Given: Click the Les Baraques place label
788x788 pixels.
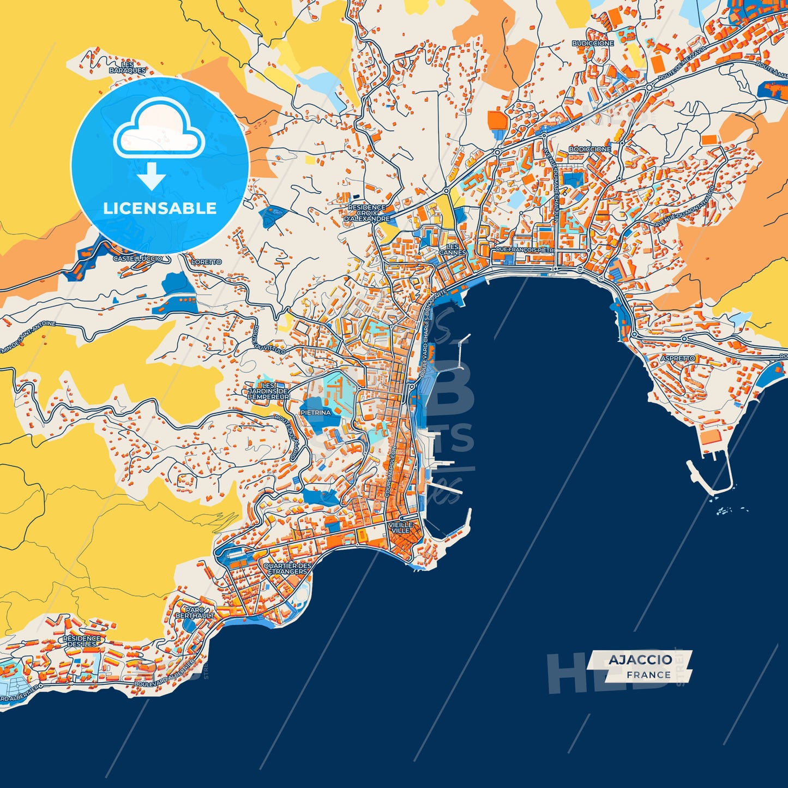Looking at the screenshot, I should [x=128, y=68].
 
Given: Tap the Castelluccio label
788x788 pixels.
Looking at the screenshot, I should [x=137, y=258].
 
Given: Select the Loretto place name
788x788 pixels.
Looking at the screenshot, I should [x=207, y=262].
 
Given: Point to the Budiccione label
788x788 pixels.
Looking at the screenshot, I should [x=593, y=43].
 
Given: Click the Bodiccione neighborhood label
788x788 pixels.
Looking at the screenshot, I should [x=590, y=149].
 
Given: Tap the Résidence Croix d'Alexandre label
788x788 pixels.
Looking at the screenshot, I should [x=367, y=213].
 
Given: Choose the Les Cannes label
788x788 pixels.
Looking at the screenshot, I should [x=453, y=250].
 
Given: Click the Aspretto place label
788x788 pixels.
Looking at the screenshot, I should [x=678, y=358].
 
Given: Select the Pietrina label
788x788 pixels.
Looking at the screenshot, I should [x=316, y=413].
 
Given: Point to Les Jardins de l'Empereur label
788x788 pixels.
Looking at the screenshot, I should [x=268, y=391].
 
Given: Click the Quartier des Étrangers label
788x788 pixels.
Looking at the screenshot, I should [x=287, y=569].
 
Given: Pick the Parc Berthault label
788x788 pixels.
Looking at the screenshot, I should [x=195, y=612].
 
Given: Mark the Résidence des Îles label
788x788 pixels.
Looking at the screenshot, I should [x=82, y=641].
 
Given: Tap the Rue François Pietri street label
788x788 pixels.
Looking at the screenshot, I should [x=524, y=250].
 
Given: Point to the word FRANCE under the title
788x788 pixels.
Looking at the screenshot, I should [x=648, y=675].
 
